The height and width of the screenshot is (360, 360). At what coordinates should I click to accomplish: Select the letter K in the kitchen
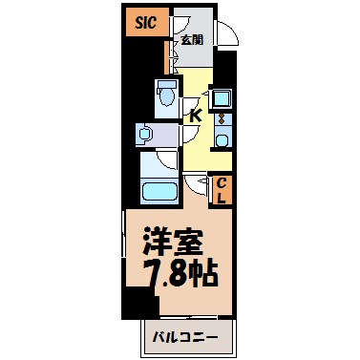click(x=195, y=116)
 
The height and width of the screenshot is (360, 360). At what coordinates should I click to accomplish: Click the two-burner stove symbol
click(x=222, y=120)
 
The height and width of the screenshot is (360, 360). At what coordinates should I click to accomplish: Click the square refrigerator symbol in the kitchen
click(x=222, y=97)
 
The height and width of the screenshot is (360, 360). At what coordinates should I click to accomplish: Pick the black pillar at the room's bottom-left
click(x=142, y=307)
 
